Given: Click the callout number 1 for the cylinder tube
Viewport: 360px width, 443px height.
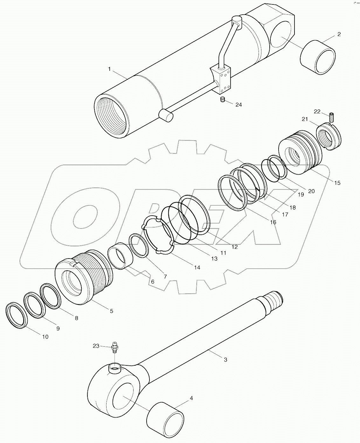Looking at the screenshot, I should coord(109,69).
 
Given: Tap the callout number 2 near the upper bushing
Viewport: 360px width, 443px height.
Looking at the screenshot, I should coord(339,34).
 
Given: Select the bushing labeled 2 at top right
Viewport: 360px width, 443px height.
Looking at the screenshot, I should coord(318,58).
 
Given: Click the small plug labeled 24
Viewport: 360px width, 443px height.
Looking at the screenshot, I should coord(223,100).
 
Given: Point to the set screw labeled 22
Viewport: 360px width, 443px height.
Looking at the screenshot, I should coord(332,117).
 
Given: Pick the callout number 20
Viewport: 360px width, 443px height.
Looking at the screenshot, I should coord(311,191).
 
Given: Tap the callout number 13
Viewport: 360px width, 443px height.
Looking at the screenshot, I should coord(214,259).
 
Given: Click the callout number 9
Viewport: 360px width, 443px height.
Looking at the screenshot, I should coord(58,329).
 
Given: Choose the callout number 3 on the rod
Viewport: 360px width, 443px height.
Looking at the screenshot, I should coord(225,360).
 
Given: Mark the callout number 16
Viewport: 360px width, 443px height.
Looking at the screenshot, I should coord(273,222).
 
